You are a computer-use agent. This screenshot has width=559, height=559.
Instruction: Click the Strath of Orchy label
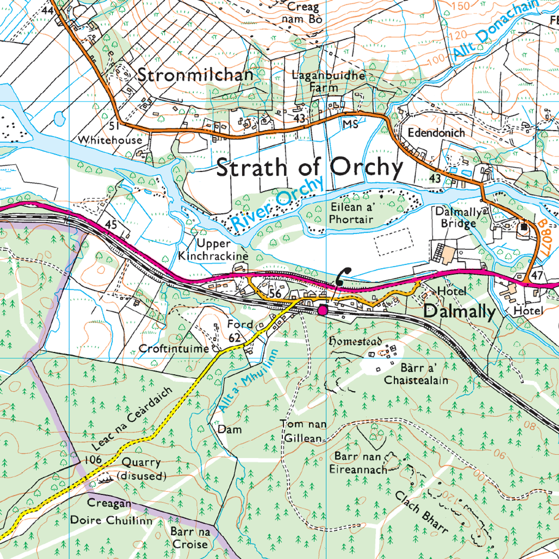pos(309,168)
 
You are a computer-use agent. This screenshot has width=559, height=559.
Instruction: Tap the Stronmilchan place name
pos(195,75)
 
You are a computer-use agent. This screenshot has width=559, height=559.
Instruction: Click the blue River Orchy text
pos(278,204)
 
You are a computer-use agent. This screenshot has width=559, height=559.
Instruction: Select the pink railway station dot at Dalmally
pos(322,310)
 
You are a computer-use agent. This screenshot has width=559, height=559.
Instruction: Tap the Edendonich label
pos(436,132)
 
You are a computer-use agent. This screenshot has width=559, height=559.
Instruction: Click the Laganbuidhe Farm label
pos(328,81)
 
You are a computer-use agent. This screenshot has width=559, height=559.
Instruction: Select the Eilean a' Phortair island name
pos(352,213)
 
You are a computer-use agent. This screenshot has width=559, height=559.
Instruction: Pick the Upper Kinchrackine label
pos(213,250)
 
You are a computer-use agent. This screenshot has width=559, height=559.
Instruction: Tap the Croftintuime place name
pos(174,349)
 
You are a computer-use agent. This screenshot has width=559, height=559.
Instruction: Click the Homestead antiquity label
pos(355,342)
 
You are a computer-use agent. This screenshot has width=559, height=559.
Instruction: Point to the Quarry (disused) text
pos(141,469)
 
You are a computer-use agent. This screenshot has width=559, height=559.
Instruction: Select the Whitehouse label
pos(110,140)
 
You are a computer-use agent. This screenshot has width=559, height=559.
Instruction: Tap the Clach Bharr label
pos(421,512)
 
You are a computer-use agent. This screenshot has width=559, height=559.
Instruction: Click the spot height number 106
pos(93,459)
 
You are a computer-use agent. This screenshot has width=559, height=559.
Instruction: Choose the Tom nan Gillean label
pos(303,431)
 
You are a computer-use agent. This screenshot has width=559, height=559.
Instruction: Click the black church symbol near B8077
pos(524,227)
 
